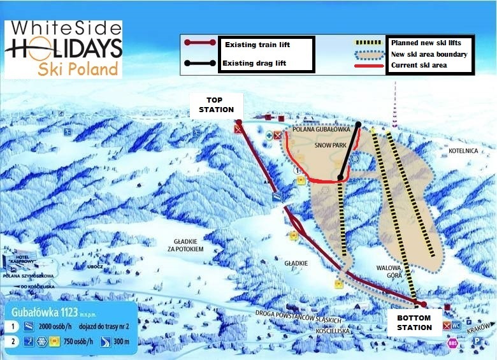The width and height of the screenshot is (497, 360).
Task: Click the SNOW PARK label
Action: pyautogui.click(x=329, y=145)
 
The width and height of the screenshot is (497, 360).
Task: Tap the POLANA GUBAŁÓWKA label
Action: pyautogui.click(x=318, y=129)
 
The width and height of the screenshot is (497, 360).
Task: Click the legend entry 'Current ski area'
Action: pyautogui.click(x=419, y=65)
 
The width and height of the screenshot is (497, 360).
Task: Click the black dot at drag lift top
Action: pyautogui.click(x=359, y=125)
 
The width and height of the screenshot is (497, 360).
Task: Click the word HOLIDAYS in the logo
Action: pyautogui.click(x=63, y=48)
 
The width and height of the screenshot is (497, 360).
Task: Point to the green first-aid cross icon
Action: pyautogui.click(x=270, y=135)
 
